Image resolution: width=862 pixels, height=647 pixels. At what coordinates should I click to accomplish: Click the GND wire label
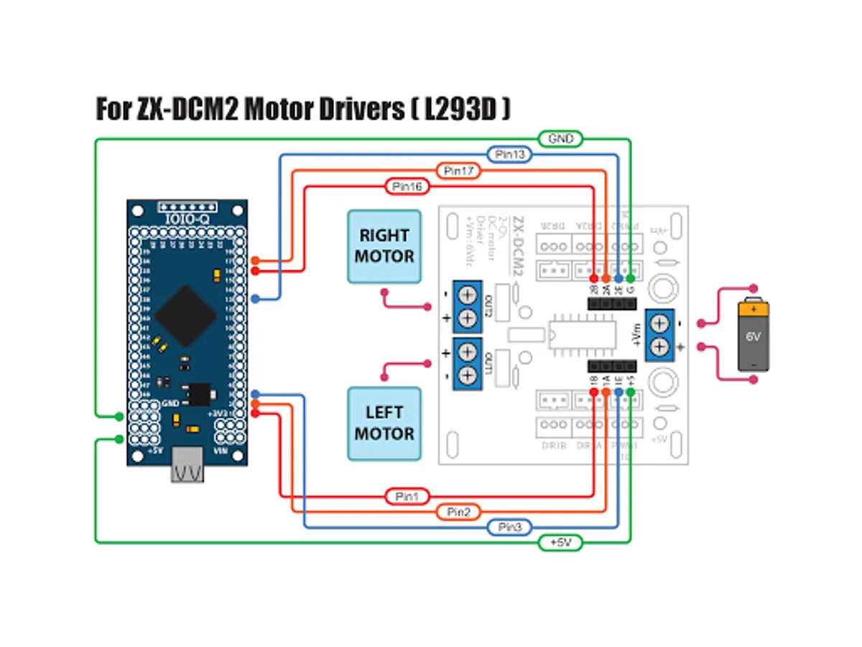pyautogui.click(x=561, y=139)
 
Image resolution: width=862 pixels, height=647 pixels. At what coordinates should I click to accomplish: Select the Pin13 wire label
pyautogui.click(x=509, y=155)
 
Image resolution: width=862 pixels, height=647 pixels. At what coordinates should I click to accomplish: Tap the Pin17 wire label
pyautogui.click(x=458, y=171)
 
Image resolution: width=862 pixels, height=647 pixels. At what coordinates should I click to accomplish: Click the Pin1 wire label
pyautogui.click(x=407, y=496)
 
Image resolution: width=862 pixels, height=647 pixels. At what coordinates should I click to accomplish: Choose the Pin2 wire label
pyautogui.click(x=458, y=512)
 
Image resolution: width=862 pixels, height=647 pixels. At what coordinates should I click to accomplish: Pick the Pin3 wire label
pyautogui.click(x=509, y=528)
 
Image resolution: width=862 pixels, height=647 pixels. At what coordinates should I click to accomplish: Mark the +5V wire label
pyautogui.click(x=561, y=543)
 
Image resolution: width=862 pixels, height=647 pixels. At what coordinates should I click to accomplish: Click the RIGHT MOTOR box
pyautogui.click(x=384, y=246)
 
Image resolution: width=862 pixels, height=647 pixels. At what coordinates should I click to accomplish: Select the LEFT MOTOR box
pyautogui.click(x=384, y=423)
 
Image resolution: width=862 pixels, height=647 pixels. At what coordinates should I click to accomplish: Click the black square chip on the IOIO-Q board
pyautogui.click(x=186, y=316)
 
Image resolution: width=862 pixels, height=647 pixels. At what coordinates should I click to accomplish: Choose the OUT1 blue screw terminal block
pyautogui.click(x=466, y=363)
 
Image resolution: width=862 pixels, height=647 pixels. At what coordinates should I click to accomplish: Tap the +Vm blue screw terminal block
pyautogui.click(x=659, y=334)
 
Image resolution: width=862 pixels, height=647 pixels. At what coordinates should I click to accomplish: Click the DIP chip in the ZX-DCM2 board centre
pyautogui.click(x=583, y=334)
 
